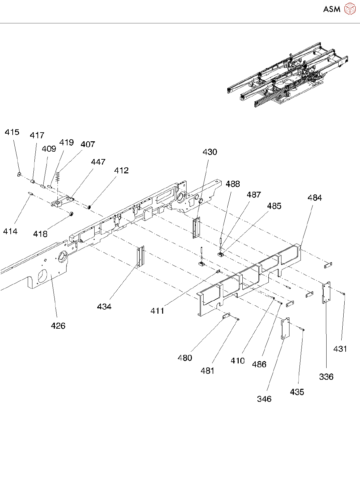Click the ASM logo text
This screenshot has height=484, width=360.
[332, 9]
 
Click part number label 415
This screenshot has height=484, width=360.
[12, 132]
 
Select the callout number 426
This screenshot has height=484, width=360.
[58, 326]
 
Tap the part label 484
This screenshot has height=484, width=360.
[315, 198]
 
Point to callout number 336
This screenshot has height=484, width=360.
[326, 377]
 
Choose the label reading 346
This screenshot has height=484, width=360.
[264, 399]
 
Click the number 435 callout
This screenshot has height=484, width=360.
[297, 392]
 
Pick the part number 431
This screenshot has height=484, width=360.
[340, 349]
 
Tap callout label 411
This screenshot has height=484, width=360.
[157, 311]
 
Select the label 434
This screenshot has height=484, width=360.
[104, 307]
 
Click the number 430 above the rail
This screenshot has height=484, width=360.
[210, 152]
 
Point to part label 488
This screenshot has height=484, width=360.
[233, 184]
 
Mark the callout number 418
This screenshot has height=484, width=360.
[40, 234]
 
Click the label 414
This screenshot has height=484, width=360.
[10, 231]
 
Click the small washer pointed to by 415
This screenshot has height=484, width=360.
[19, 174]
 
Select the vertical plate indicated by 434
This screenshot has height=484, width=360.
[140, 257]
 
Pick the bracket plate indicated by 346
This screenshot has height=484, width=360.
[285, 328]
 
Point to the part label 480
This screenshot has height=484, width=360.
[185, 358]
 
